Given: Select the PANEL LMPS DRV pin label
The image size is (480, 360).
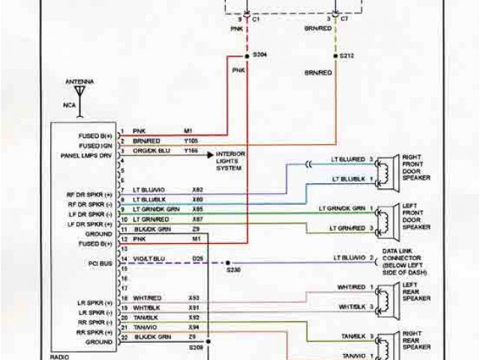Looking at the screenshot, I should (86, 156).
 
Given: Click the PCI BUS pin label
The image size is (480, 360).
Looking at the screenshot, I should (98, 264).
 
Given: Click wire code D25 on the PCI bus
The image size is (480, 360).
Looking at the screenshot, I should (196, 258).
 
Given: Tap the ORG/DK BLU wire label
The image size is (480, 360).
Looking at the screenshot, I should (152, 150).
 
